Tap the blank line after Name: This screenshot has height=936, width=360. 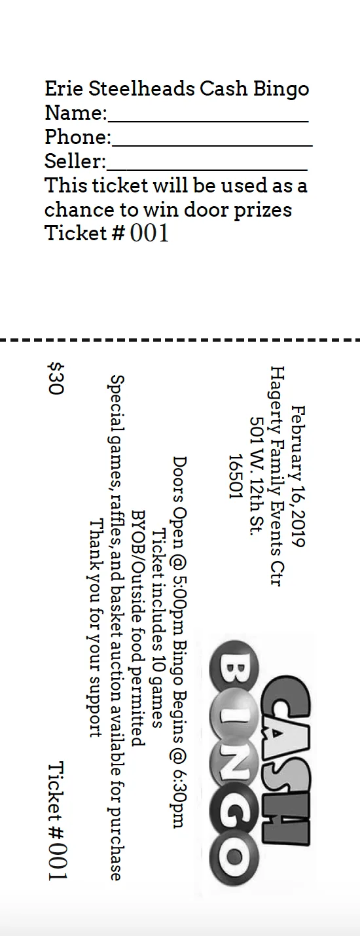click(208, 121)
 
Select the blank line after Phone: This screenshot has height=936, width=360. click(212, 145)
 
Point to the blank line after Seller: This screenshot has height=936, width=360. click(207, 170)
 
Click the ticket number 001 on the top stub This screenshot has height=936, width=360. click(149, 233)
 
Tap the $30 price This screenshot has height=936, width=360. click(56, 378)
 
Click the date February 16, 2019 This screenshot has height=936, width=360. click(298, 476)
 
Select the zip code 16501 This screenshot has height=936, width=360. click(236, 477)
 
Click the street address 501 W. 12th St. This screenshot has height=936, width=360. click(257, 476)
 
